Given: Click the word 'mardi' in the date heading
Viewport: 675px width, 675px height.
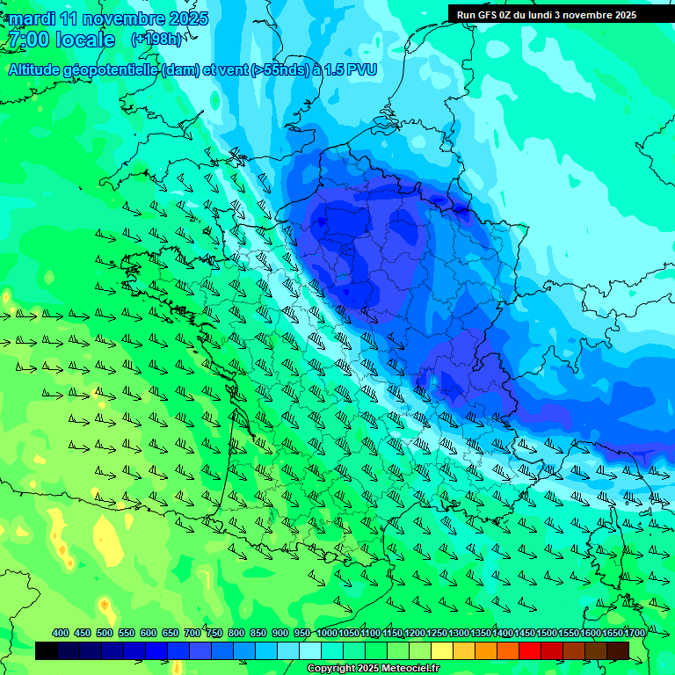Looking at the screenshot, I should (x=32, y=18).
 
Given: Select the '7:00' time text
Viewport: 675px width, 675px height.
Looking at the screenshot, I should (x=27, y=40).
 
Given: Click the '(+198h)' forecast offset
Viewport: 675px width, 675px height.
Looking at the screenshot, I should (x=158, y=40).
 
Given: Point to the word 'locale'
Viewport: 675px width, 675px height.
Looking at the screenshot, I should (x=84, y=40).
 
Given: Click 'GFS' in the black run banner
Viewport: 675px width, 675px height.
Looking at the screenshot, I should (x=488, y=15).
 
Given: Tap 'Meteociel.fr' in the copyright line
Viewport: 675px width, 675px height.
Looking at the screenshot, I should (x=405, y=669).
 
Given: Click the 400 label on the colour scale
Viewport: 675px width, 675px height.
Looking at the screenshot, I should (x=61, y=634).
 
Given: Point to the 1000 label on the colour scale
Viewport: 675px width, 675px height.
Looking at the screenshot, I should (x=327, y=634).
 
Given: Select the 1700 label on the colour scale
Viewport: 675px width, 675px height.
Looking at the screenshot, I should (x=635, y=634).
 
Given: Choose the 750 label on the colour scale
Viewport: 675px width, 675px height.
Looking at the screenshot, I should (x=214, y=634).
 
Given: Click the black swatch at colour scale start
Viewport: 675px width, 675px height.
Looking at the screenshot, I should (x=47, y=650).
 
